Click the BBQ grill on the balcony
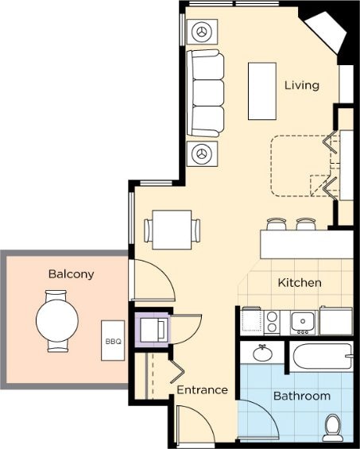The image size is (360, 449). tap(113, 340)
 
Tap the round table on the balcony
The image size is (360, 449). tap(57, 320)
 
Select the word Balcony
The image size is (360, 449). tap(71, 274)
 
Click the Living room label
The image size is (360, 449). tap(302, 85)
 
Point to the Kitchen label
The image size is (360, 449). tap(300, 283)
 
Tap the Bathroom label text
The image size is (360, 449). tap(302, 396)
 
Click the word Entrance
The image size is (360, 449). tap(202, 389)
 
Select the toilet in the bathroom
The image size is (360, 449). tap(333, 428)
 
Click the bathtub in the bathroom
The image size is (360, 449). tap(322, 357)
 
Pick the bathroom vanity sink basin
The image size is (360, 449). tap(263, 354)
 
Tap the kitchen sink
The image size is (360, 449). tap(303, 323)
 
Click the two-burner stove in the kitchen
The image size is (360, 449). tap(272, 323)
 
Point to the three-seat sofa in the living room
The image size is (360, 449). tap(205, 93)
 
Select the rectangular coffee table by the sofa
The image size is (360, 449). tap(262, 91)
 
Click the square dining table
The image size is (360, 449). tap(172, 230)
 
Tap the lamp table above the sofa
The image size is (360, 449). tap(202, 32)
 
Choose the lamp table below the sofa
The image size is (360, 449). tap(202, 153)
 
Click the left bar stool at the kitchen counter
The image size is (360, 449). tap(277, 224)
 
